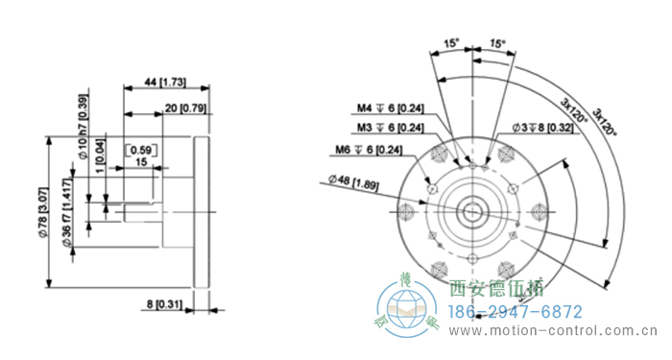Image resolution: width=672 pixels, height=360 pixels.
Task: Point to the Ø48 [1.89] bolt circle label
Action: (354, 180)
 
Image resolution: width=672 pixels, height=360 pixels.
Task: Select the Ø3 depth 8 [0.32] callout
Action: (543, 127)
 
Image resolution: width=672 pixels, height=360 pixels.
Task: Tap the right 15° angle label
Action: (496, 43)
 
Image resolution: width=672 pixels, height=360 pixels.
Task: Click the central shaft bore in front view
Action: (474, 210)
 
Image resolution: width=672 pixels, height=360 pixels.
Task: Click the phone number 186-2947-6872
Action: (516, 312)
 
